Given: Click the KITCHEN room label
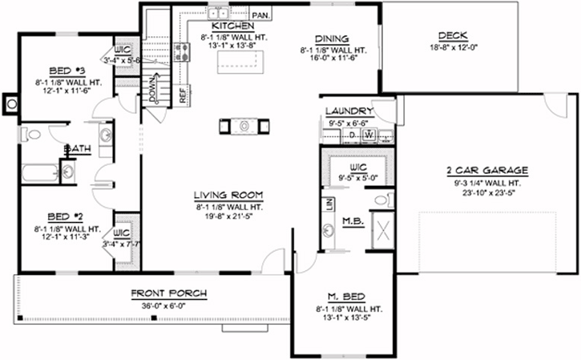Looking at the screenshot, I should (x=216, y=26).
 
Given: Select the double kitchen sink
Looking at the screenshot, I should (x=217, y=11).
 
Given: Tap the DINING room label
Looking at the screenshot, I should (x=330, y=38).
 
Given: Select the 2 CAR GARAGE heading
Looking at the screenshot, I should (x=487, y=170).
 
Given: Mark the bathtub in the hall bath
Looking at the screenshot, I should (x=37, y=172).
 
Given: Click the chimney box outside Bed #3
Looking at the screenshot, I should (x=10, y=102).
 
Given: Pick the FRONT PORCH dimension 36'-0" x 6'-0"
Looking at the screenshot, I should (x=168, y=305).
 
